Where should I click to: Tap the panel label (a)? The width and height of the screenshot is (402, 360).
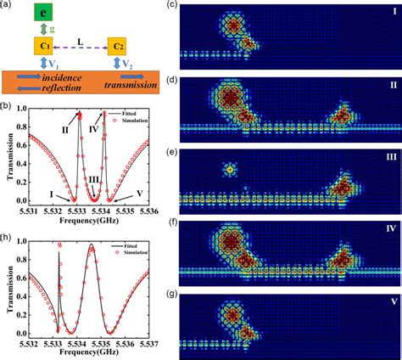pyautogui.click(x=8, y=5)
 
